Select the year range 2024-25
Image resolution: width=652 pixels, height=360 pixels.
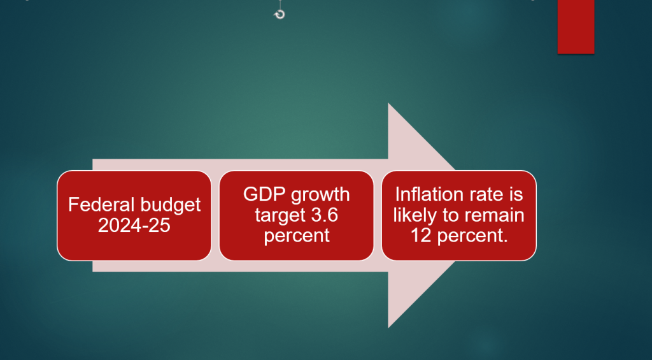pyautogui.click(x=134, y=225)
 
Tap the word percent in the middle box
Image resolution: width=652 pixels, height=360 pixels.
pyautogui.click(x=297, y=236)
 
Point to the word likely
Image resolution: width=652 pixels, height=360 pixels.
pyautogui.click(x=416, y=215)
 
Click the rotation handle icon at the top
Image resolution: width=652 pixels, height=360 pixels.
pyautogui.click(x=280, y=15)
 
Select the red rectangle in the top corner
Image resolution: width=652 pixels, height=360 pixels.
pyautogui.click(x=576, y=27)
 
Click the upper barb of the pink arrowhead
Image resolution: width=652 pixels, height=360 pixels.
pyautogui.click(x=388, y=104)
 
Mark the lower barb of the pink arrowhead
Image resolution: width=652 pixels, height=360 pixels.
pyautogui.click(x=388, y=327)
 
